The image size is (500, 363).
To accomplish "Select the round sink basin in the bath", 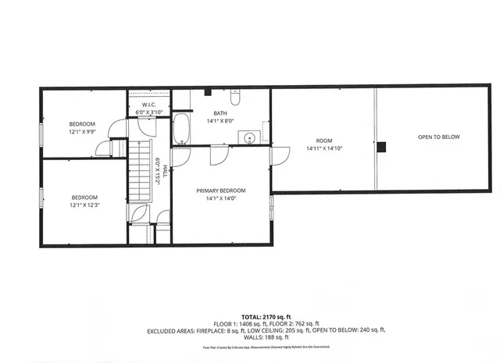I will coord(249,138).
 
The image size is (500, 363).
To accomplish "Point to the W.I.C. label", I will coord(149,104).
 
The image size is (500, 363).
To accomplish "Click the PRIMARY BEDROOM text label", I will coord(221,190).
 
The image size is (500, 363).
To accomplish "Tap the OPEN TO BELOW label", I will coord(438,137).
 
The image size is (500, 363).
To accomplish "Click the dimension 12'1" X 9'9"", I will coord(82,132).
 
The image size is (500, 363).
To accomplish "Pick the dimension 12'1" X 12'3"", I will coord(85,205).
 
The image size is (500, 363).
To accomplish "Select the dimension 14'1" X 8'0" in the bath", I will coord(221,120).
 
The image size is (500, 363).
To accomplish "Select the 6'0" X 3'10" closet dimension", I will coord(149,112).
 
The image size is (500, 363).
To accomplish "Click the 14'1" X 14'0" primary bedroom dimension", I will coord(221,198).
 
